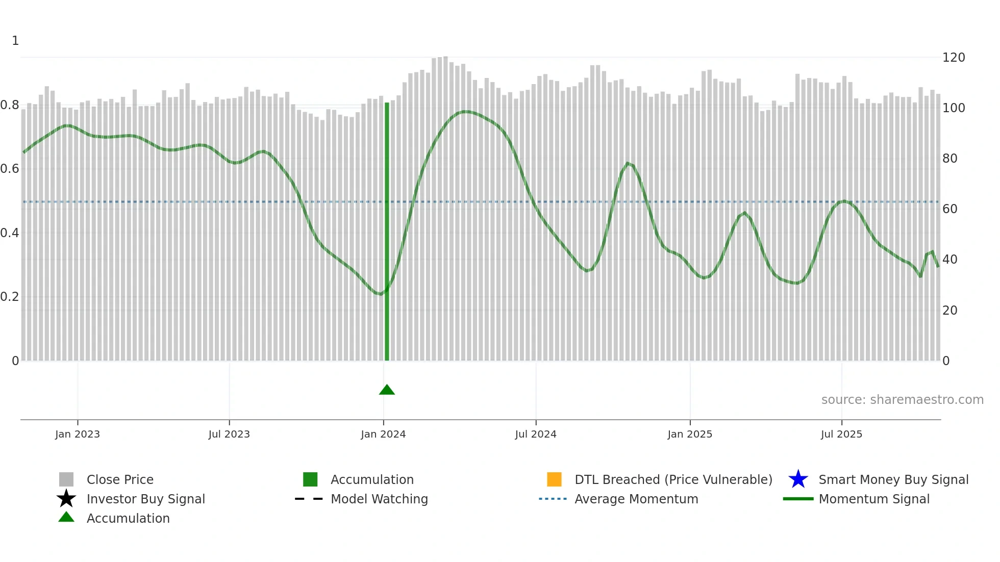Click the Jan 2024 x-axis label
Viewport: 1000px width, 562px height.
click(x=383, y=434)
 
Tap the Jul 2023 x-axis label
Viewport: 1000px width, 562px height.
click(x=229, y=434)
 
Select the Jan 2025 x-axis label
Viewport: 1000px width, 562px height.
click(x=690, y=434)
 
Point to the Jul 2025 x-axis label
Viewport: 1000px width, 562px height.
click(x=841, y=434)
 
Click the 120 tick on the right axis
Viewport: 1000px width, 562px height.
click(x=954, y=58)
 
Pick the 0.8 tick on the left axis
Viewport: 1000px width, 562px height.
click(x=10, y=105)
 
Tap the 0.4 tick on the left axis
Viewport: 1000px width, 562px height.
click(x=10, y=233)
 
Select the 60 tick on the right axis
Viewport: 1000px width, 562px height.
click(x=950, y=209)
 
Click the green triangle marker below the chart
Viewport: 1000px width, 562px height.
click(x=387, y=390)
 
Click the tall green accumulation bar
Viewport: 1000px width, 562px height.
click(x=387, y=229)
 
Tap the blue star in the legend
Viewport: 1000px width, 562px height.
click(x=798, y=479)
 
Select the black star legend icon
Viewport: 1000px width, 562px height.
click(x=66, y=499)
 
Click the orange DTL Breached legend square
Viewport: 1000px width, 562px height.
click(x=554, y=479)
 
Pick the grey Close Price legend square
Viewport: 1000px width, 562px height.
click(x=66, y=479)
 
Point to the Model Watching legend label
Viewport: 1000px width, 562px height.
click(x=379, y=499)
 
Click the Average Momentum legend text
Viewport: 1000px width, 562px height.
click(x=636, y=499)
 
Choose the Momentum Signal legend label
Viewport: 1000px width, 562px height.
click(x=874, y=499)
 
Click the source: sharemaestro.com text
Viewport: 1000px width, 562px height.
click(x=902, y=400)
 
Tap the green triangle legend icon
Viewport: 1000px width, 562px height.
click(x=66, y=517)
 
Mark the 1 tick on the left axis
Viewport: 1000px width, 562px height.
click(x=15, y=41)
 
